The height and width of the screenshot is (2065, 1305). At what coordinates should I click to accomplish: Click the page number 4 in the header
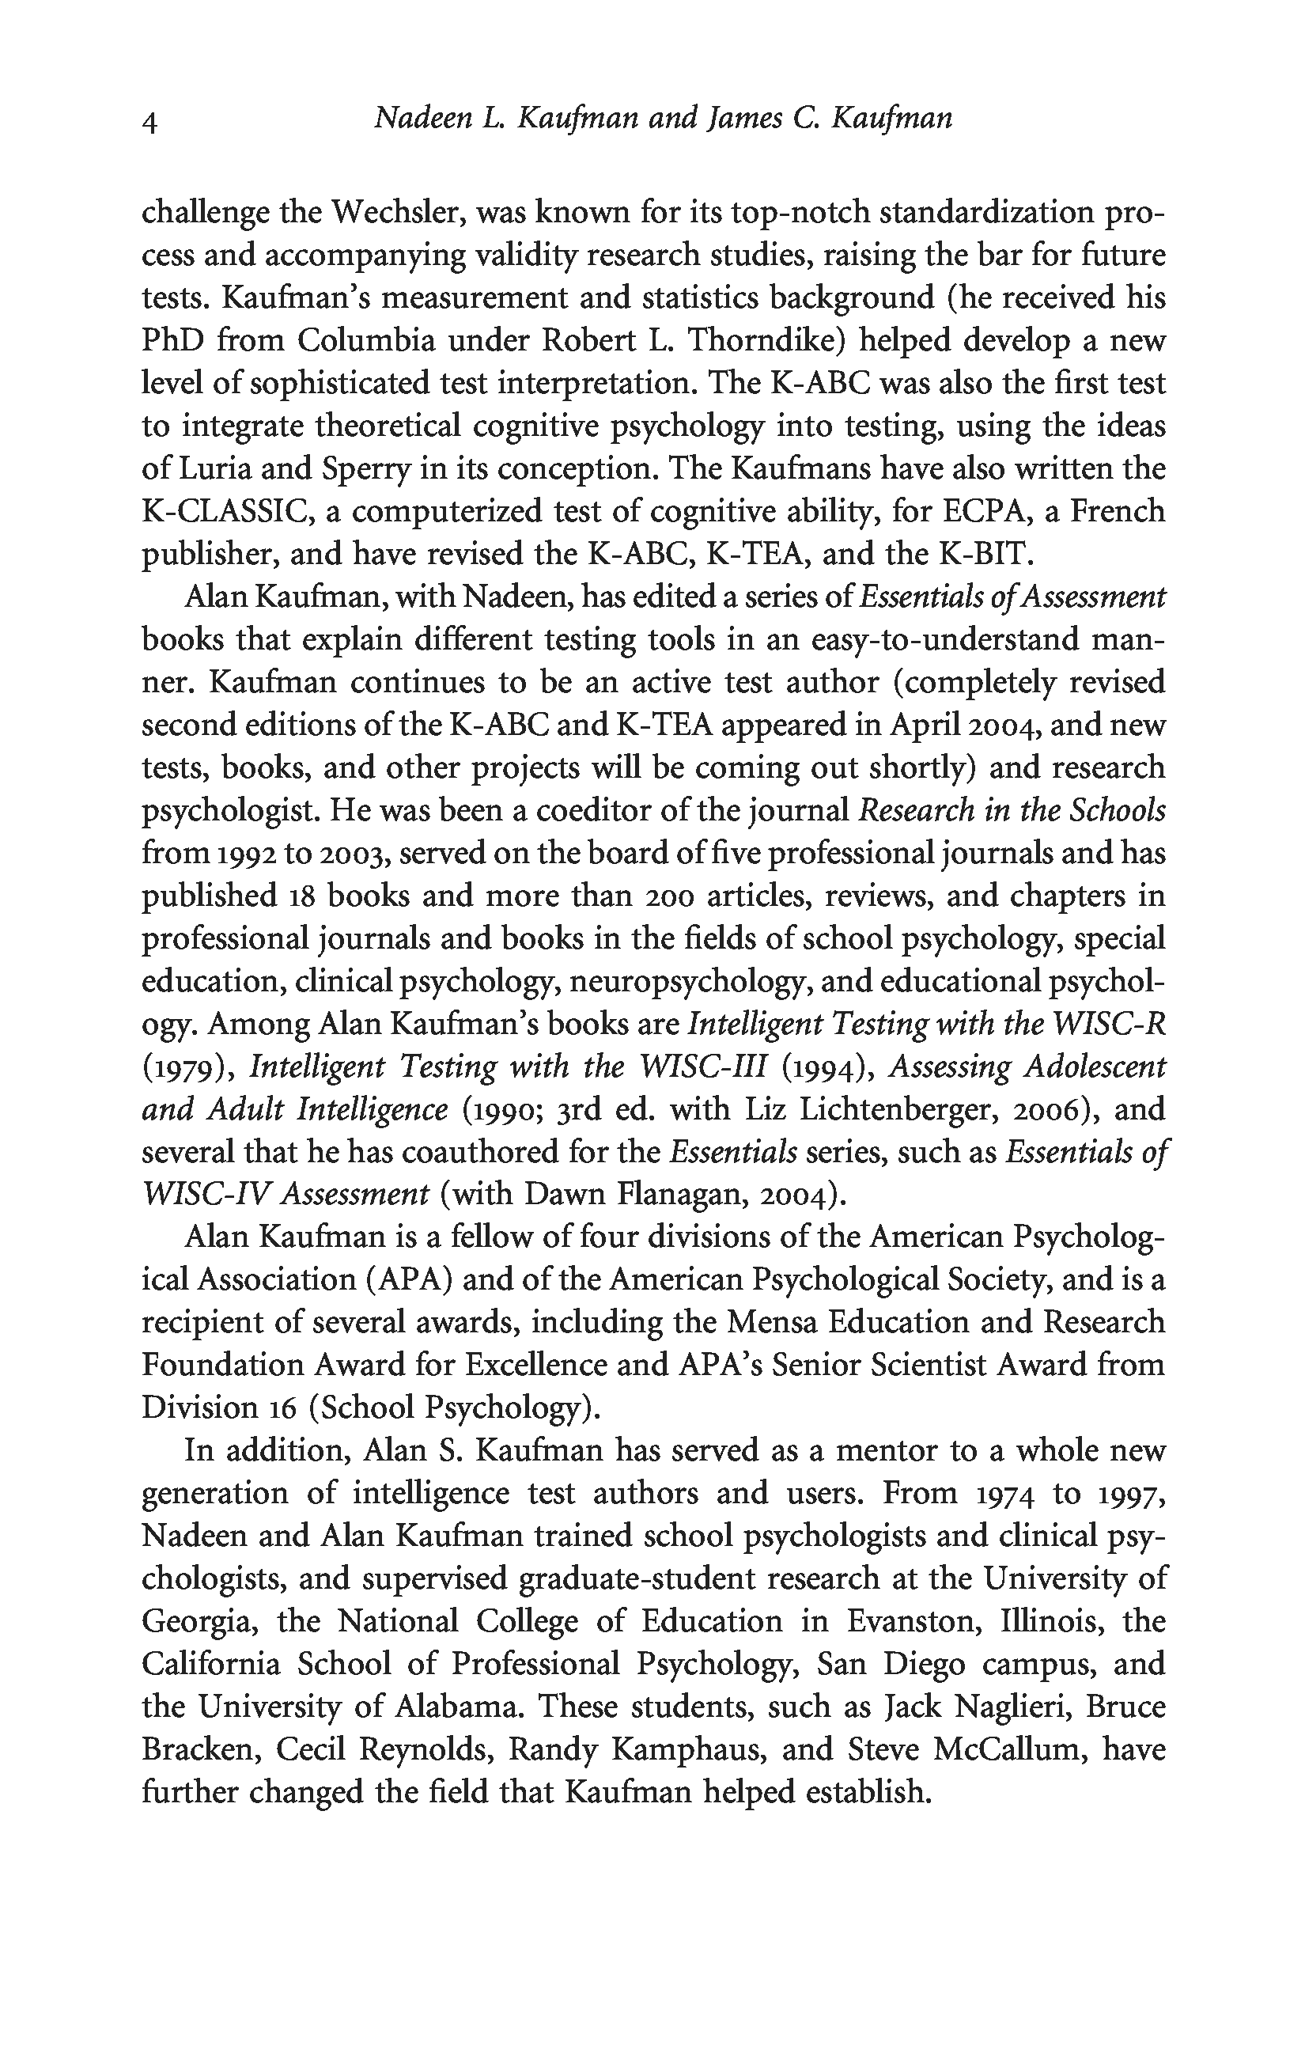tap(149, 123)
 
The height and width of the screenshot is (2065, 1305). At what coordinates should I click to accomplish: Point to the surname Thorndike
tap(766, 340)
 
